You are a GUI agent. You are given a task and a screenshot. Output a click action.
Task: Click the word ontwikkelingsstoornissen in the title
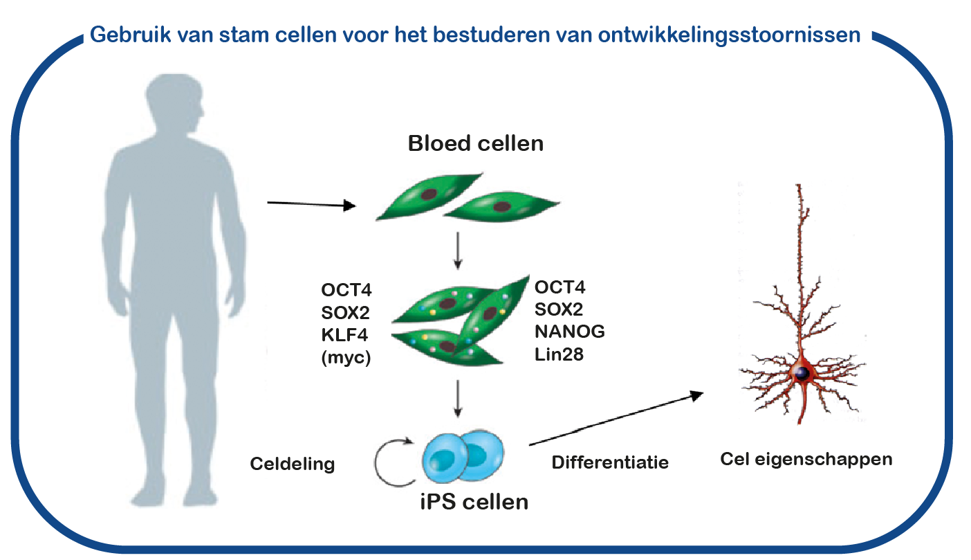pos(729,35)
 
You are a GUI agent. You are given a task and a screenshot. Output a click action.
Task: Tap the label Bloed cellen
pos(476,143)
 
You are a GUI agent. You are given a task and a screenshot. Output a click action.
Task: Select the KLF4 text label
pos(344,335)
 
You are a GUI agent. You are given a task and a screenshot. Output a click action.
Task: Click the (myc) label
pos(346,358)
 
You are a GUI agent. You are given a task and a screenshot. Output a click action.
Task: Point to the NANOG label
pos(570,332)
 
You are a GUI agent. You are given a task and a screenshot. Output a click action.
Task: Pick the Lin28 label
pos(560,354)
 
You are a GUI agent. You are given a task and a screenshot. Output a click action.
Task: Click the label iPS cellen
pos(474,502)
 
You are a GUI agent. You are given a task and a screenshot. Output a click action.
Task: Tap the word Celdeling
pos(293,464)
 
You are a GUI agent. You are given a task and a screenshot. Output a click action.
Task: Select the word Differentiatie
pos(610,462)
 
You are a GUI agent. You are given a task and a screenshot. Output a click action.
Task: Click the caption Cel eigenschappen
pos(806,460)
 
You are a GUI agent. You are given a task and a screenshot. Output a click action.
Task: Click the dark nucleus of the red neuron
pos(802,373)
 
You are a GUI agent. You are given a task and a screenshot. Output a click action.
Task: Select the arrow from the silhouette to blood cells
pos(311,204)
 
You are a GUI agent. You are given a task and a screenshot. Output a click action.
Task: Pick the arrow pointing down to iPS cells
pos(458,398)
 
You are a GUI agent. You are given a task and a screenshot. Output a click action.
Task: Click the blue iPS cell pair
pos(463,456)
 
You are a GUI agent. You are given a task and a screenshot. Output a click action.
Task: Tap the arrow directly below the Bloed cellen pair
pos(458,251)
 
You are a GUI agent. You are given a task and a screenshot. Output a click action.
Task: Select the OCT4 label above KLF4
pos(346,290)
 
